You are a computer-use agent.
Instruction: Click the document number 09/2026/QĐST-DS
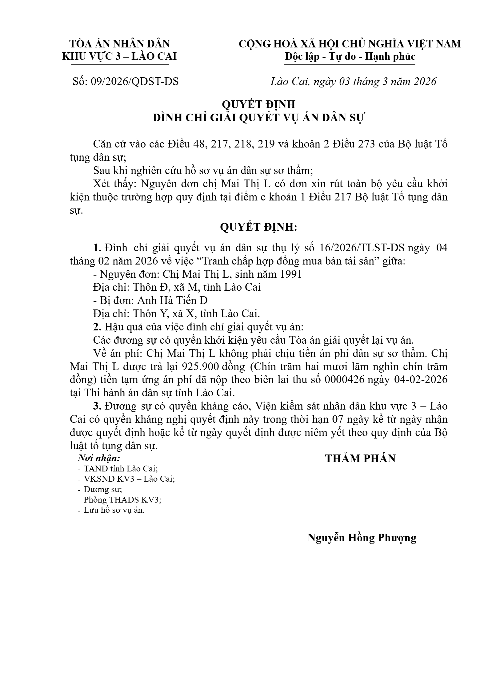tap(135, 82)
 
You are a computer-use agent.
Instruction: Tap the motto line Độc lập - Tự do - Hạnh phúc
tap(350, 57)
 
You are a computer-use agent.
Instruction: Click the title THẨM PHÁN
tap(360, 459)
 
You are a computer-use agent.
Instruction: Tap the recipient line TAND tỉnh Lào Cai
tap(121, 469)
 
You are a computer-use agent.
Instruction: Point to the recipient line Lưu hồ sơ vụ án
tap(114, 510)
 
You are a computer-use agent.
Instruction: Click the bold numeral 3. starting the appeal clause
tap(98, 406)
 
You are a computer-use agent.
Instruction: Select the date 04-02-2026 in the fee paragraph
tap(421, 380)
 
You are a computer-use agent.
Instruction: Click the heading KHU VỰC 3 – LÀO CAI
tap(119, 57)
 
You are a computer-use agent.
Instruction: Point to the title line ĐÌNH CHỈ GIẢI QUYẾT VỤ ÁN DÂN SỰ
tap(258, 118)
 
